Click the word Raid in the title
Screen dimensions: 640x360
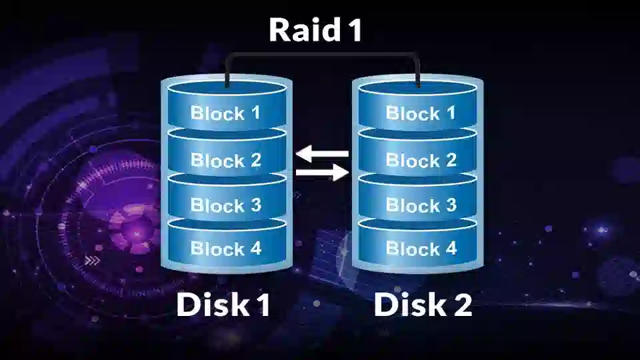305,30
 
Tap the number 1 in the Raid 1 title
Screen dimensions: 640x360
355,30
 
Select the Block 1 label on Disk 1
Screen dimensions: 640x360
225,113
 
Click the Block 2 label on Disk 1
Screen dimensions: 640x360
226,160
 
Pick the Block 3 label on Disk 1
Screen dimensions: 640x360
226,205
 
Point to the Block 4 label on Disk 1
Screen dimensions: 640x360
226,248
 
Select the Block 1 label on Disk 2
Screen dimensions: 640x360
421,113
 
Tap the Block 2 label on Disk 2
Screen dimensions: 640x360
421,160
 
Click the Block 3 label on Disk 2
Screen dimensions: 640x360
421,205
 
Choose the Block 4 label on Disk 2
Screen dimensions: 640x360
421,248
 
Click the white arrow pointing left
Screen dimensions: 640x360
322,154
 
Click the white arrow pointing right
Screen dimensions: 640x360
322,173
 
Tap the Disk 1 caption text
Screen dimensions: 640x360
223,305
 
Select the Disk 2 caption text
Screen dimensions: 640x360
423,305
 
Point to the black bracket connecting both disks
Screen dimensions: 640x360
323,54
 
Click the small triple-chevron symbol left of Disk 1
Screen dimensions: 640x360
92,261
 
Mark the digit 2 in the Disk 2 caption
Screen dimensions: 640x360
463,305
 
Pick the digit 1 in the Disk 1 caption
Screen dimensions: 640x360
263,305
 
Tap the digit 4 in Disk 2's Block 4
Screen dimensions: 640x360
451,248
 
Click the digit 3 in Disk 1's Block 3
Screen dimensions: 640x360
255,205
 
